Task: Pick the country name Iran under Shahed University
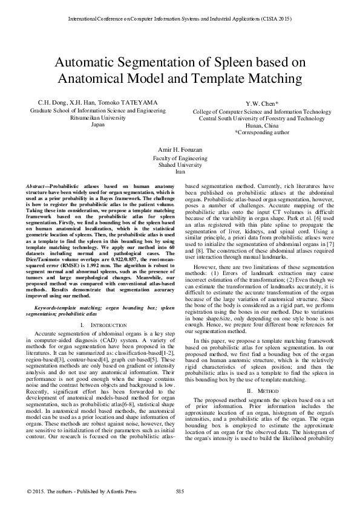pos(180,172)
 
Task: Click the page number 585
pos(179,490)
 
